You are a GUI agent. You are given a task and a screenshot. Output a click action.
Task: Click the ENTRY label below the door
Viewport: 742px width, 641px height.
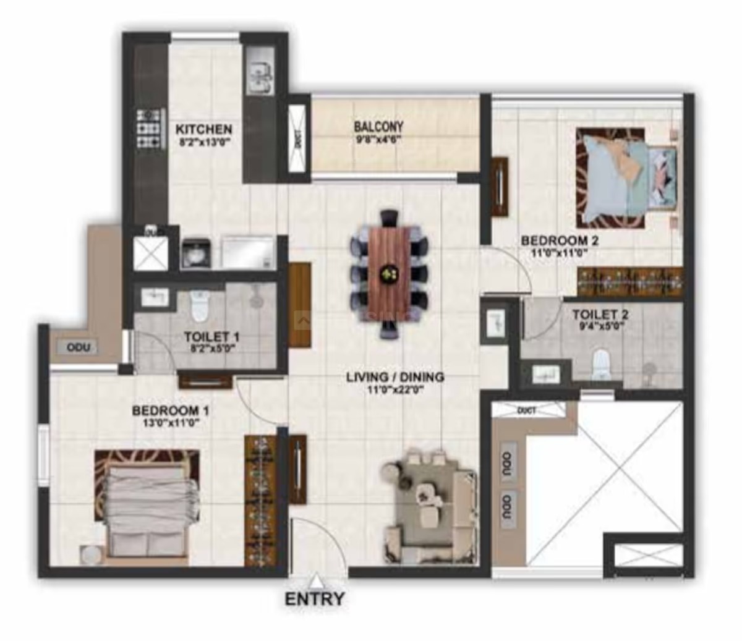point(315,598)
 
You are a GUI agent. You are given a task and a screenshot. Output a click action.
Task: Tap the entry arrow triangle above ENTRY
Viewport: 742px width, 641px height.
point(316,580)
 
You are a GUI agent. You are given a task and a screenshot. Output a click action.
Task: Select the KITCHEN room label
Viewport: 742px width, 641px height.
point(204,129)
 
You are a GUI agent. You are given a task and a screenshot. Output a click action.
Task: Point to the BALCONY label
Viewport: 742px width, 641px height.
point(378,127)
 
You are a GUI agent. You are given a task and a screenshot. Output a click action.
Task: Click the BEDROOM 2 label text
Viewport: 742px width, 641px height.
point(560,241)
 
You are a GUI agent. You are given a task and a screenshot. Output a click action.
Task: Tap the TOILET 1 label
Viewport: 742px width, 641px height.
point(211,337)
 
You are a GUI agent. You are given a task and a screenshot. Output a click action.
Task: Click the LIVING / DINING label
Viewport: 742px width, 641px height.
point(395,377)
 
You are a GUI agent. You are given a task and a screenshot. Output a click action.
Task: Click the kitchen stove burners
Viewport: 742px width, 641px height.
point(148,128)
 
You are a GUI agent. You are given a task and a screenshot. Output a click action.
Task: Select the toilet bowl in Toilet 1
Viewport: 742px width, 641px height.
point(198,307)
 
